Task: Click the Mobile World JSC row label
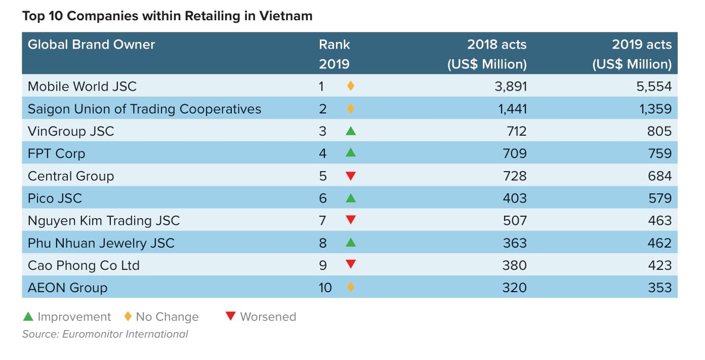[82, 87]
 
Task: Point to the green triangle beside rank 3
[351, 131]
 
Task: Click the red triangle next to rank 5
[351, 176]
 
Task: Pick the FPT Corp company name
[56, 153]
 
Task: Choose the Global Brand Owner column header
[91, 45]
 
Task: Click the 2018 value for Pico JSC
[515, 198]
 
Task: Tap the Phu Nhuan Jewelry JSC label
[101, 243]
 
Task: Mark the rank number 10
[325, 288]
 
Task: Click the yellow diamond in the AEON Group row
[351, 288]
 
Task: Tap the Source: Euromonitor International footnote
[105, 334]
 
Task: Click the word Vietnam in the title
[286, 16]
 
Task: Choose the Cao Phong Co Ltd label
[84, 265]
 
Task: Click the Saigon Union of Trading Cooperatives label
[144, 109]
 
